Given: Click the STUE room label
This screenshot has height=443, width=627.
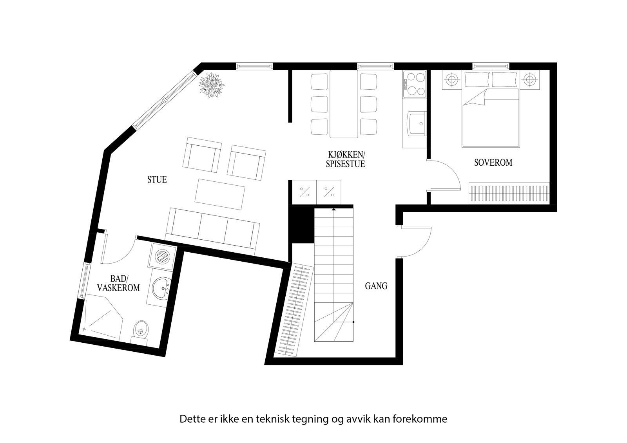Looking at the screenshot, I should pos(157,180).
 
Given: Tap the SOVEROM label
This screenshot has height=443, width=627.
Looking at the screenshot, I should pos(493,163).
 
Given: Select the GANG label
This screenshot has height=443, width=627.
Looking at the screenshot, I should pos(376,286).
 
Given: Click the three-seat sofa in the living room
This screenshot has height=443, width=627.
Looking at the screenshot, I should pos(212,229).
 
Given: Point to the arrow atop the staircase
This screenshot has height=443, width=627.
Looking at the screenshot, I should pos(333,210).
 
